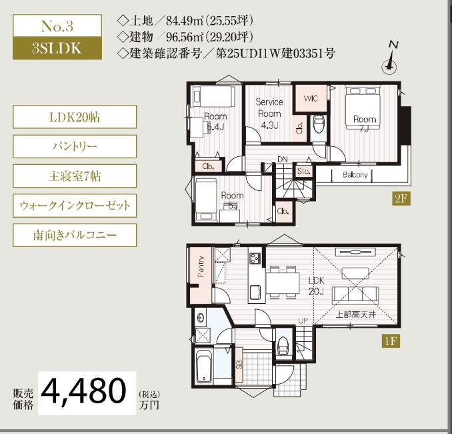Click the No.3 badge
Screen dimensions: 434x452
tap(57, 27)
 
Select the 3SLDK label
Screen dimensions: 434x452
tap(57, 48)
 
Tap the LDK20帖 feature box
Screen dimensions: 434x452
tap(74, 118)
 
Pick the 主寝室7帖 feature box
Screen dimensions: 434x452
tap(74, 176)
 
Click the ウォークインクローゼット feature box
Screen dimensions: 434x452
tap(74, 206)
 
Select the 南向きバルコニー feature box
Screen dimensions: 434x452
tap(74, 235)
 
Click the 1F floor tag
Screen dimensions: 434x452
tap(391, 342)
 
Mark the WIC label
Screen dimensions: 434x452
tap(311, 98)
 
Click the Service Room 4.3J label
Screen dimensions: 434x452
tap(270, 114)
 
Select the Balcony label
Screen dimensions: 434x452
tap(355, 175)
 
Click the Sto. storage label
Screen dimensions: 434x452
tap(304, 172)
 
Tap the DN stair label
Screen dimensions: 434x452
tap(283, 159)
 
